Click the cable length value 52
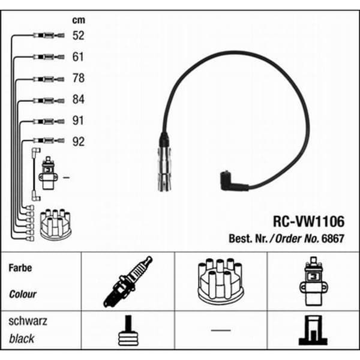(78, 35)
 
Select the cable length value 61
(78, 57)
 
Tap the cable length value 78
(78, 78)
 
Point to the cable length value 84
(78, 99)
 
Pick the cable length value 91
(78, 121)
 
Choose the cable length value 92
(78, 142)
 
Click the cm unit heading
(79, 20)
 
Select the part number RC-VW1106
(308, 221)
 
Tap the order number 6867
(333, 239)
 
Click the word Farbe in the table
(20, 268)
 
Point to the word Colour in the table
(23, 294)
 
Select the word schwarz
(28, 321)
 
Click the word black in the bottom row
(22, 338)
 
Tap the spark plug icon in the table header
(128, 282)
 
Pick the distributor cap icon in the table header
(221, 281)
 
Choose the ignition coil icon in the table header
(313, 281)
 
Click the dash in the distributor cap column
(221, 331)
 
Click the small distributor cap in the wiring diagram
(55, 224)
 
